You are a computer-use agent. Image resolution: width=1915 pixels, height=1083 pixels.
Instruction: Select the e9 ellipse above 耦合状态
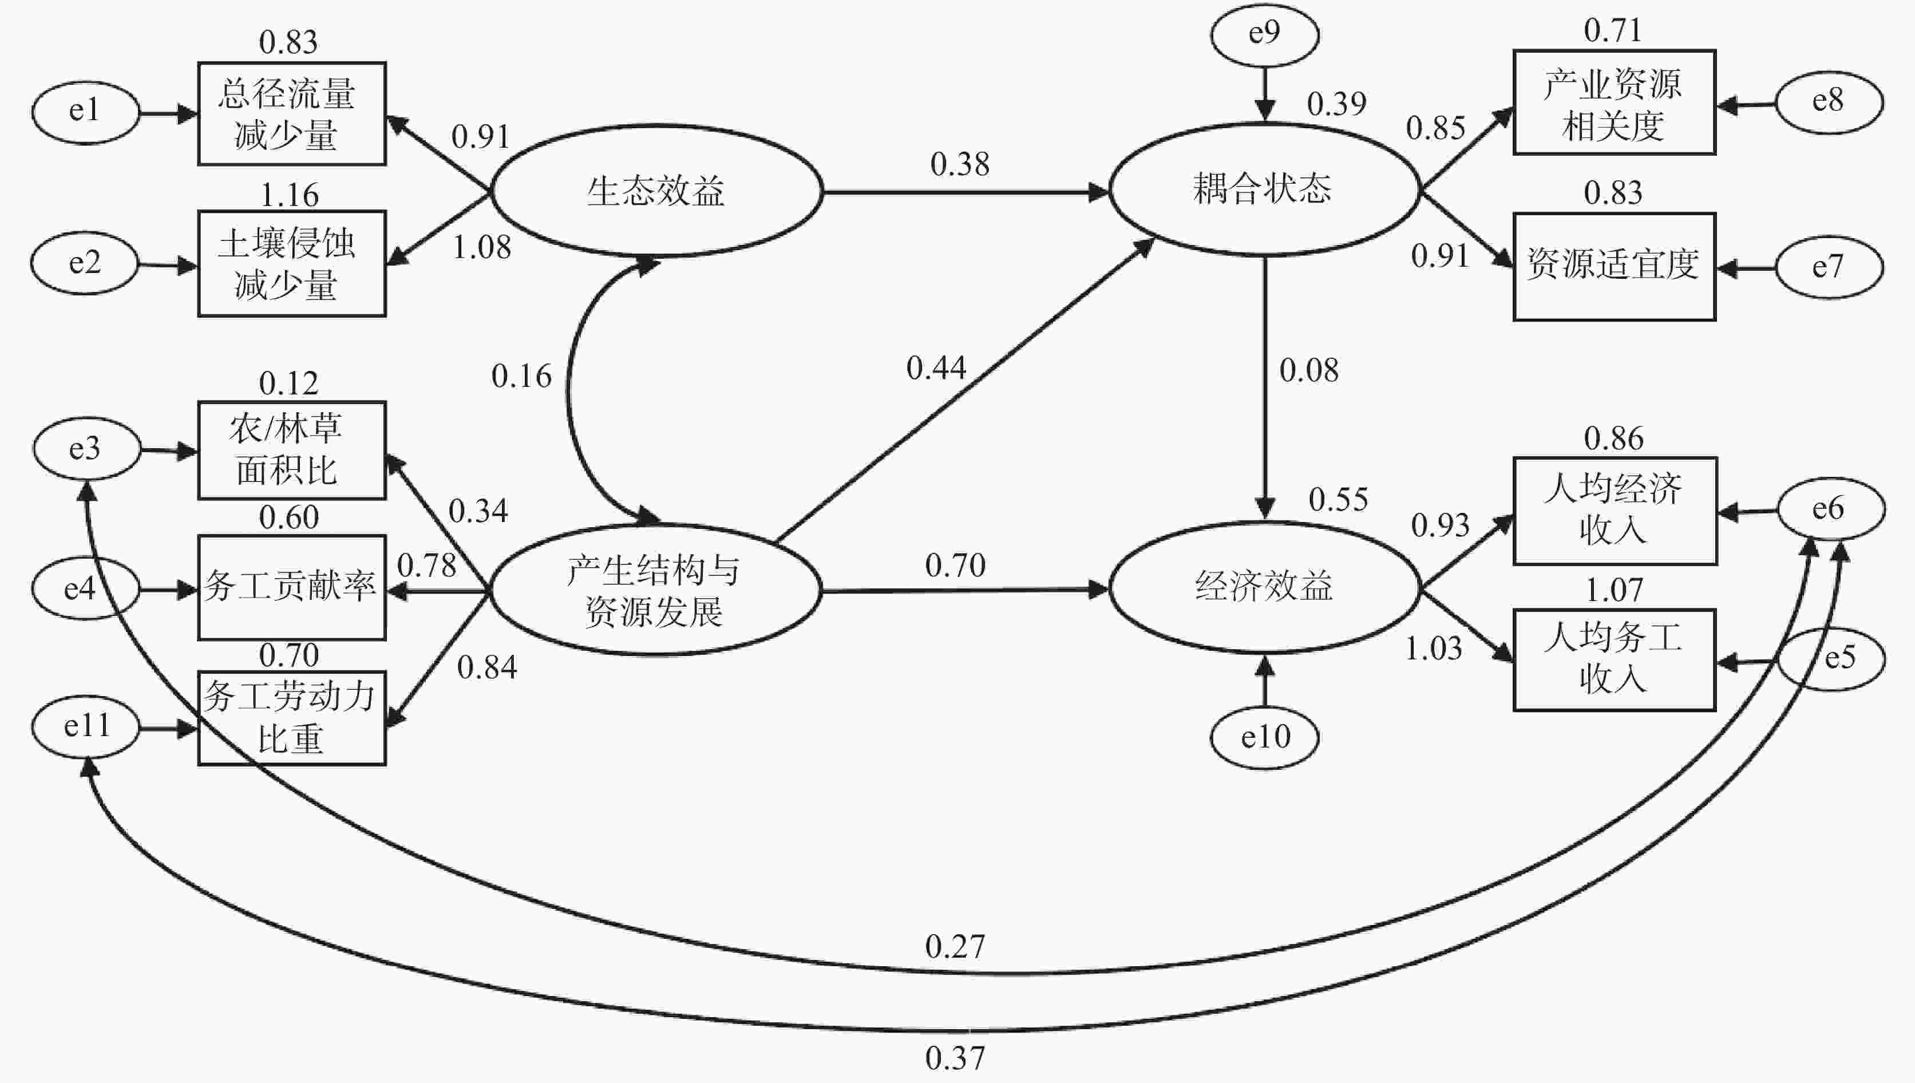click(x=1264, y=34)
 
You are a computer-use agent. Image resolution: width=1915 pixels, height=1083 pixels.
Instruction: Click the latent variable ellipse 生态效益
click(x=656, y=191)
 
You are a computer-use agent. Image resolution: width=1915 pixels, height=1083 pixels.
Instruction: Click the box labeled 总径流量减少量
click(x=291, y=114)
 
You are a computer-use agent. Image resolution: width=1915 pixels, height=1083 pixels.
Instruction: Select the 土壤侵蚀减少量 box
click(x=291, y=264)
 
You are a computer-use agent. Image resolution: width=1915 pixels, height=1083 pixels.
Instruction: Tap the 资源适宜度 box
click(x=1614, y=266)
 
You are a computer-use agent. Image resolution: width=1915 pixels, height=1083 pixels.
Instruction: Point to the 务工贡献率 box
click(x=291, y=587)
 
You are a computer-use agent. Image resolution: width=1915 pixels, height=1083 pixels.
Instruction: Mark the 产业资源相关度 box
click(x=1614, y=102)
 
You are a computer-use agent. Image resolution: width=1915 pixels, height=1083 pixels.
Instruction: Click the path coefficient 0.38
click(x=959, y=164)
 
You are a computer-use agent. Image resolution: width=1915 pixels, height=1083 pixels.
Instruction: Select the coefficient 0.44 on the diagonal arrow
click(x=936, y=368)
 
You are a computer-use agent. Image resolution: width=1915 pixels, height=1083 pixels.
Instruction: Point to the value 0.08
click(x=1308, y=370)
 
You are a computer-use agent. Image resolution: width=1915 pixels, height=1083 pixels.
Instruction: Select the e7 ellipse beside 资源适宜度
click(x=1828, y=267)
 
